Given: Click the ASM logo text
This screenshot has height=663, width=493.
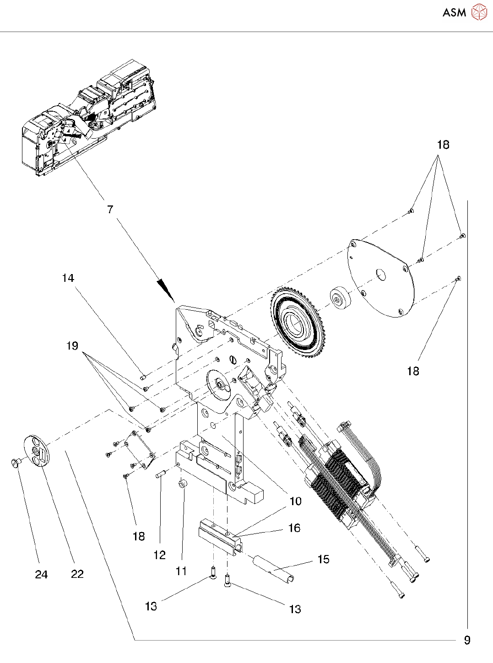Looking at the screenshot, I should [454, 13].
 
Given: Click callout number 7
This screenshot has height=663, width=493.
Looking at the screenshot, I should [110, 210].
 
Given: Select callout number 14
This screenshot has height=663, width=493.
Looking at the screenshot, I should [68, 278].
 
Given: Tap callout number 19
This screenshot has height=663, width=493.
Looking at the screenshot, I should [72, 346].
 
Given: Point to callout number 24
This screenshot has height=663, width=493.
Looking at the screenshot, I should [41, 575].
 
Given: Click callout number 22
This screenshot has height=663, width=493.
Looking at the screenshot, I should [77, 574].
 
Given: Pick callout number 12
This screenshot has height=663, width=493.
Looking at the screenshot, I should [159, 555].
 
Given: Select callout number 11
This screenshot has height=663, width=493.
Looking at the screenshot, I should [181, 571].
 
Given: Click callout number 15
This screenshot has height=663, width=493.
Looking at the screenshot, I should [323, 559].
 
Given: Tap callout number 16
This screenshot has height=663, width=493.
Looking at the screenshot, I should [294, 528].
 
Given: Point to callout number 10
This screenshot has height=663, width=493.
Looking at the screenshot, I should [296, 501].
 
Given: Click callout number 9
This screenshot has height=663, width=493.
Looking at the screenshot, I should [467, 640].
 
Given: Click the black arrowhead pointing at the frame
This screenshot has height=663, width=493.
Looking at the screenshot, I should [166, 290].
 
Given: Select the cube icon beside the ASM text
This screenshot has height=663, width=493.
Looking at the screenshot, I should [479, 12].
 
